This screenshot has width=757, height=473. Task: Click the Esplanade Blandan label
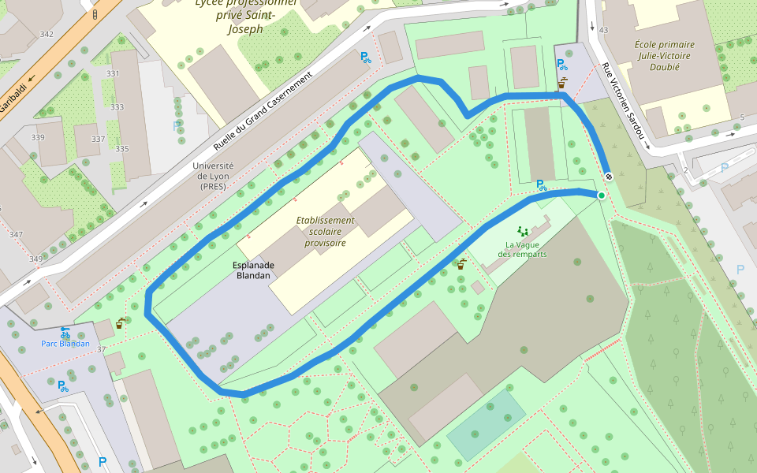click(252, 270)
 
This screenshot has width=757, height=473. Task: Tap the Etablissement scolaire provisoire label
click(326, 232)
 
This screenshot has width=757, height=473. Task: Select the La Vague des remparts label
click(521, 249)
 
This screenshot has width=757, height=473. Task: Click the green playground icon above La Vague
click(522, 231)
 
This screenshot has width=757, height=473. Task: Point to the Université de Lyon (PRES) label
click(213, 177)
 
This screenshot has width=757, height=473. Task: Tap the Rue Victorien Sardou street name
click(622, 102)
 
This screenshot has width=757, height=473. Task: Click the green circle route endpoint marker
click(602, 196)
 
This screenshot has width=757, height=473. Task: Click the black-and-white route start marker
click(609, 176)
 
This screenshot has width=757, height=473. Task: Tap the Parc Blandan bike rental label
click(65, 344)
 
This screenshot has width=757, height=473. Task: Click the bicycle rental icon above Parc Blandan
click(65, 333)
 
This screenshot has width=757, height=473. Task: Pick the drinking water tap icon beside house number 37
click(120, 322)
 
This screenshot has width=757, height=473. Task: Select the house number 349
click(35, 259)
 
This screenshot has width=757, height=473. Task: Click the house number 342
click(47, 34)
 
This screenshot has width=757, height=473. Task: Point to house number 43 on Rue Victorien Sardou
click(604, 30)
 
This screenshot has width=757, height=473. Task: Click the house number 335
click(121, 149)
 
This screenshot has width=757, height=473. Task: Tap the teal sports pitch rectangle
click(486, 425)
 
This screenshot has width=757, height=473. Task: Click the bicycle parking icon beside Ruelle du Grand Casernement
click(365, 57)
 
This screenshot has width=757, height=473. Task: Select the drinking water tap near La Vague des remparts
click(461, 264)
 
